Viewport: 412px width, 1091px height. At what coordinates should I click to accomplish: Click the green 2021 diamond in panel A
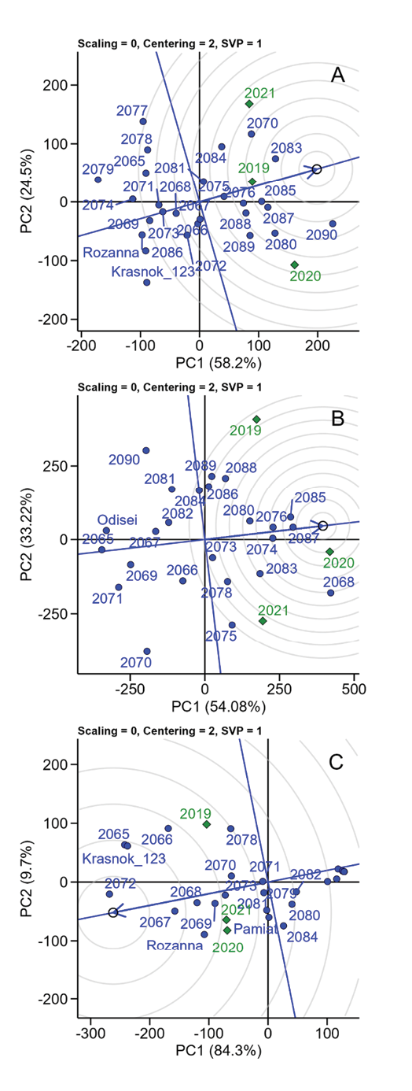pos(248,104)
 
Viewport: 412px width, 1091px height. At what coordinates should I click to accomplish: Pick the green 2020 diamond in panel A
pos(294,264)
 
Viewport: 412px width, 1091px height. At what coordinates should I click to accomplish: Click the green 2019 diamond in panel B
pos(256,419)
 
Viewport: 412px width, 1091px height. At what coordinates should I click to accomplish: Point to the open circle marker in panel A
pos(317,169)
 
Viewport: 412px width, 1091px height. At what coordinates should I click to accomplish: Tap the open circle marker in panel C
pos(113,912)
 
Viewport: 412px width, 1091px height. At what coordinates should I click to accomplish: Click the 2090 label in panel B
pos(124,459)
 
